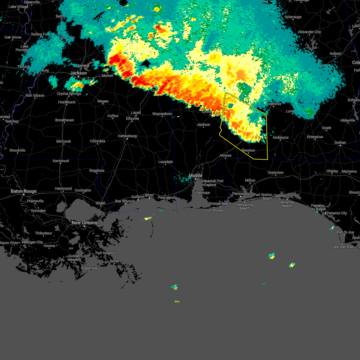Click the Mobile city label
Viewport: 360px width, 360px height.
tap(195, 175)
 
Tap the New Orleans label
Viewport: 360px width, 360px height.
tap(84, 223)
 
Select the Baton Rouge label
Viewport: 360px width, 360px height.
tap(23, 191)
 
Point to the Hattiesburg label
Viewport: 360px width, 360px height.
tap(127, 136)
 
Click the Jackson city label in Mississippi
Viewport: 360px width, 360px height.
tap(78, 73)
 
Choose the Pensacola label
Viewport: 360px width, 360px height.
tap(241, 193)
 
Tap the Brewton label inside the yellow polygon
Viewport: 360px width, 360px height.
tap(248, 150)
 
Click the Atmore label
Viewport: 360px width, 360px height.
tap(225, 155)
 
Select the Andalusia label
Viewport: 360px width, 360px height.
tap(280, 137)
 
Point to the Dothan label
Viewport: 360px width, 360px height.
tap(340, 142)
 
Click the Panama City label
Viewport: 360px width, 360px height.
tap(337, 213)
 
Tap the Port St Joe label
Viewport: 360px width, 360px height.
tap(345, 232)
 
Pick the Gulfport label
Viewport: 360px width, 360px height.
tap(138, 197)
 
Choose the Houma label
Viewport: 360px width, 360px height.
tap(49, 246)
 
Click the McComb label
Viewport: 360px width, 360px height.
tap(64, 141)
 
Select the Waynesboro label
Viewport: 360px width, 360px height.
tap(162, 114)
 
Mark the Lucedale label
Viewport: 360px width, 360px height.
tap(166, 162)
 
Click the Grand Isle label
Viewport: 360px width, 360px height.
tap(89, 268)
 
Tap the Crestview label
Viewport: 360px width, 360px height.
tap(275, 172)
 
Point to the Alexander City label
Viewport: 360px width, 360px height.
tap(309, 32)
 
